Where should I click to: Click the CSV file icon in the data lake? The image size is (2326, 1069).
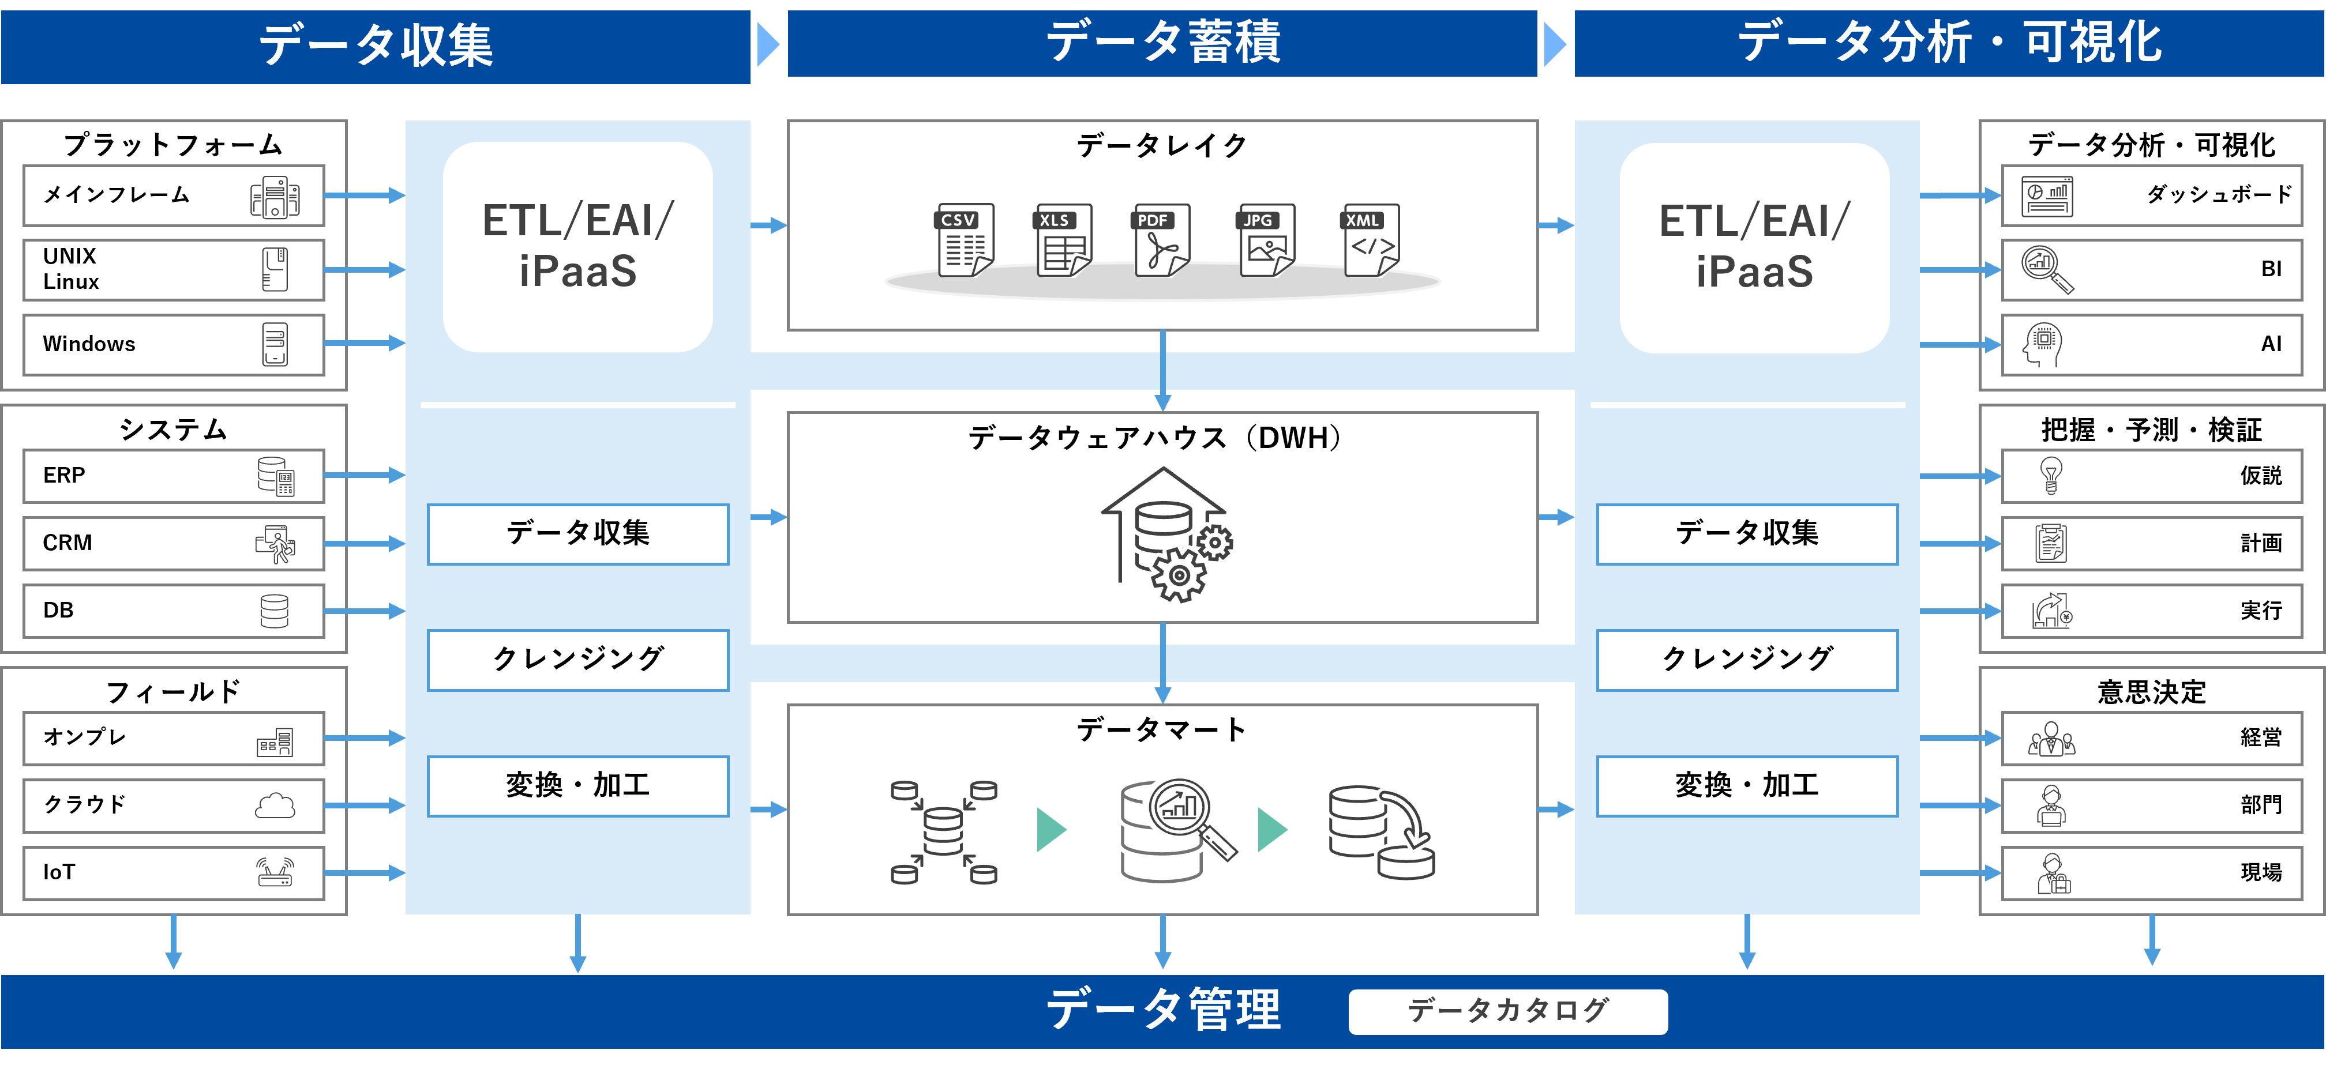(x=965, y=240)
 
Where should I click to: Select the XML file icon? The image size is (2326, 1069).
(x=1371, y=240)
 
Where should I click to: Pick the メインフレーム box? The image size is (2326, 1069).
(x=174, y=195)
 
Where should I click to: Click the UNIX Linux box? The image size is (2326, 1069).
(x=174, y=269)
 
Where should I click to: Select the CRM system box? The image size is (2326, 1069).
(x=174, y=543)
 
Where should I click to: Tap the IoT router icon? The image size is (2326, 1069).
(x=275, y=872)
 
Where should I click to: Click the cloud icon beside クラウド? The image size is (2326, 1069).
(x=275, y=804)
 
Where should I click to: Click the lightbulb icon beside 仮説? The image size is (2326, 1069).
(x=2051, y=475)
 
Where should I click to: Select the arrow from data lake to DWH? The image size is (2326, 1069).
(x=1163, y=370)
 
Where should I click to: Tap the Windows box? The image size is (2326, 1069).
(x=174, y=344)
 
